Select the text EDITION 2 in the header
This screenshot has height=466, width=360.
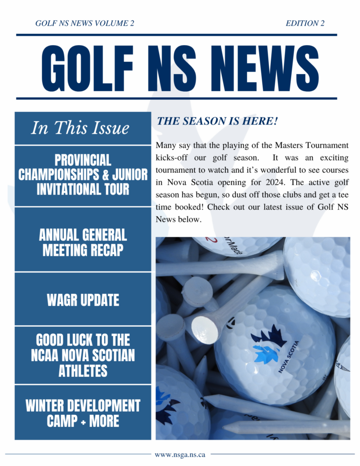pyautogui.click(x=305, y=23)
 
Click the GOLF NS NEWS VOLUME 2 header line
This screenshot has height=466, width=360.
pyautogui.click(x=85, y=23)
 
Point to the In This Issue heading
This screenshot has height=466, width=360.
pyautogui.click(x=80, y=128)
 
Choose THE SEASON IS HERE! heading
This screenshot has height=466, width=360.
pyautogui.click(x=217, y=121)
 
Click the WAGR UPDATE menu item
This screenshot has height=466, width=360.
pyautogui.click(x=83, y=300)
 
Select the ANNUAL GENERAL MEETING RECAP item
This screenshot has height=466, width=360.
pyautogui.click(x=83, y=242)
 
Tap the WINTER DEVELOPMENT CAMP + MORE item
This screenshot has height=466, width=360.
pyautogui.click(x=83, y=413)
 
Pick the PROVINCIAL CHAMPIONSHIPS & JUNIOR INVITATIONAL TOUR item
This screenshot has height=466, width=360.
pyautogui.click(x=83, y=175)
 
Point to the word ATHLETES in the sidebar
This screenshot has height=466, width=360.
pyautogui.click(x=83, y=370)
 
